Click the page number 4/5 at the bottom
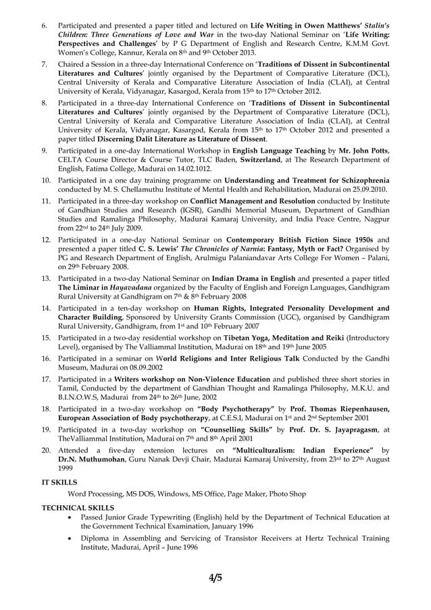point(215,577)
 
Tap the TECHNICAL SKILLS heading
point(78,507)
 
